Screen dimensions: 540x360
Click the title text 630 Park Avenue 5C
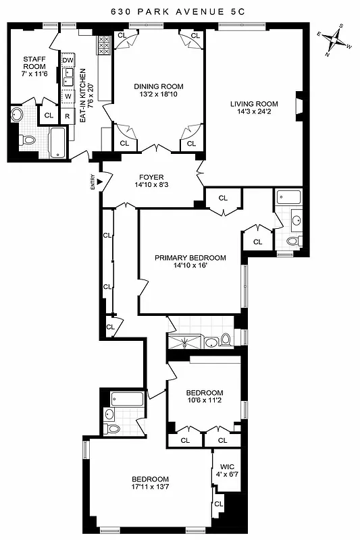(x=180, y=11)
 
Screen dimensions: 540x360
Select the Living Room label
(x=254, y=103)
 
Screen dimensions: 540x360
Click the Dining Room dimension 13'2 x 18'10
(x=159, y=94)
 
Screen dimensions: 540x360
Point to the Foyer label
(x=153, y=176)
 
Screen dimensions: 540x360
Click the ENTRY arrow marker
(x=99, y=181)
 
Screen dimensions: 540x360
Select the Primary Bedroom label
(x=190, y=257)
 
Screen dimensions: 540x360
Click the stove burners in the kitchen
(x=104, y=45)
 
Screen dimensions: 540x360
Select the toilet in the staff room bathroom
(x=27, y=140)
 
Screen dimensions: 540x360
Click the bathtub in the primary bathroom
(x=289, y=198)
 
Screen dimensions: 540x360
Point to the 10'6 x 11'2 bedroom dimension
(x=205, y=400)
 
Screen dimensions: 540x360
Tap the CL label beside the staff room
(x=48, y=115)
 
